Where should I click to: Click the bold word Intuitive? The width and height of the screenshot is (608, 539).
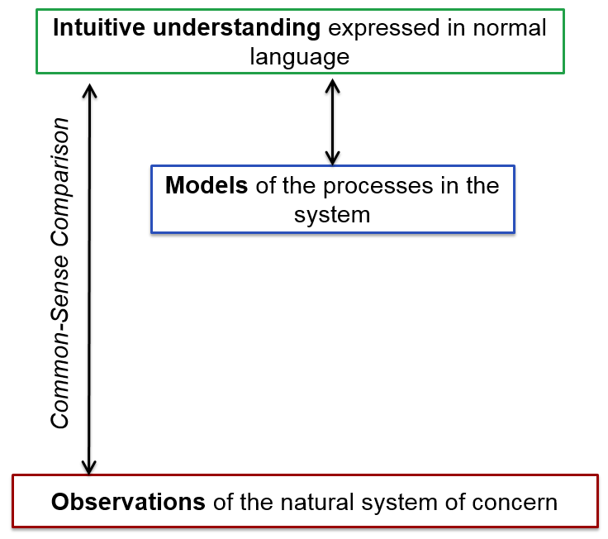[x=99, y=27]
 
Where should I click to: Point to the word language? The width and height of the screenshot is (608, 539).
[x=300, y=58]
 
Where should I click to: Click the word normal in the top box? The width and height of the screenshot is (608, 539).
[x=510, y=28]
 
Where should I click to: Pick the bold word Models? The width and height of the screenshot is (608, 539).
[x=207, y=185]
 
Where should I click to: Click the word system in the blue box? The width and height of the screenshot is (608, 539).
[x=332, y=216]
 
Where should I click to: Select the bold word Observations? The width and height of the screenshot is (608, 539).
[x=128, y=502]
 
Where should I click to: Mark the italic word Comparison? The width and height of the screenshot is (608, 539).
[x=60, y=182]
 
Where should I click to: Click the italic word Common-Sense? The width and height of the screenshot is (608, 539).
[x=60, y=341]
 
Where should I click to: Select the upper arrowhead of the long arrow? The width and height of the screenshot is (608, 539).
[x=90, y=90]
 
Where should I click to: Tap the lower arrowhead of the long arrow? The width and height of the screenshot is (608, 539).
[x=88, y=467]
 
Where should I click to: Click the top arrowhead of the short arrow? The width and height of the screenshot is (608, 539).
[x=333, y=86]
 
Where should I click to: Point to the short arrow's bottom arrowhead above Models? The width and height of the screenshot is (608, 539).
[x=332, y=158]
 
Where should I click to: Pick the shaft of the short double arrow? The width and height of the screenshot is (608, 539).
[x=333, y=122]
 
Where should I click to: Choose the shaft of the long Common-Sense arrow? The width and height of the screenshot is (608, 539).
[x=89, y=279]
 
